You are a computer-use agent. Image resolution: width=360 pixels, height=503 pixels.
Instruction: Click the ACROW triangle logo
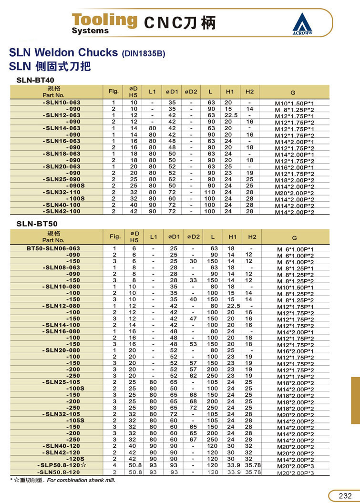[x=302, y=22]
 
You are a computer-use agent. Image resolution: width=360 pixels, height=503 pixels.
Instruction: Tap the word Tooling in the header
[x=104, y=20]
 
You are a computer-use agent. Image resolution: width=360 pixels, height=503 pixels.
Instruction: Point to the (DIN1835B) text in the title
[x=144, y=53]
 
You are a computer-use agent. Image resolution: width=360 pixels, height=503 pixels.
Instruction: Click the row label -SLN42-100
[x=62, y=211]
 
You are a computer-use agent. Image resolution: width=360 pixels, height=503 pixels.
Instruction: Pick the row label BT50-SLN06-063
[x=53, y=248]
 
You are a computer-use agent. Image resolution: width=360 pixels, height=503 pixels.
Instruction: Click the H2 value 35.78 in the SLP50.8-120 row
[x=252, y=464]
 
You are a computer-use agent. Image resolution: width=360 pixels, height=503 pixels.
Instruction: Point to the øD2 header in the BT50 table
[x=193, y=236]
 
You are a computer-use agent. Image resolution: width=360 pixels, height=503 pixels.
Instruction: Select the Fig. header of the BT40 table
[x=113, y=91]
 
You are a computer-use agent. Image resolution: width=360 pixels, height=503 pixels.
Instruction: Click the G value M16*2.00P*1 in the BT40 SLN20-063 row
[x=295, y=167]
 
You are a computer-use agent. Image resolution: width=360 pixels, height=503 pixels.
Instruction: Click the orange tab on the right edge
[x=355, y=400]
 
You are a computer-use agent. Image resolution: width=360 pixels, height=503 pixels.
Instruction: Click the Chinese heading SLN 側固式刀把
[x=50, y=66]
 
